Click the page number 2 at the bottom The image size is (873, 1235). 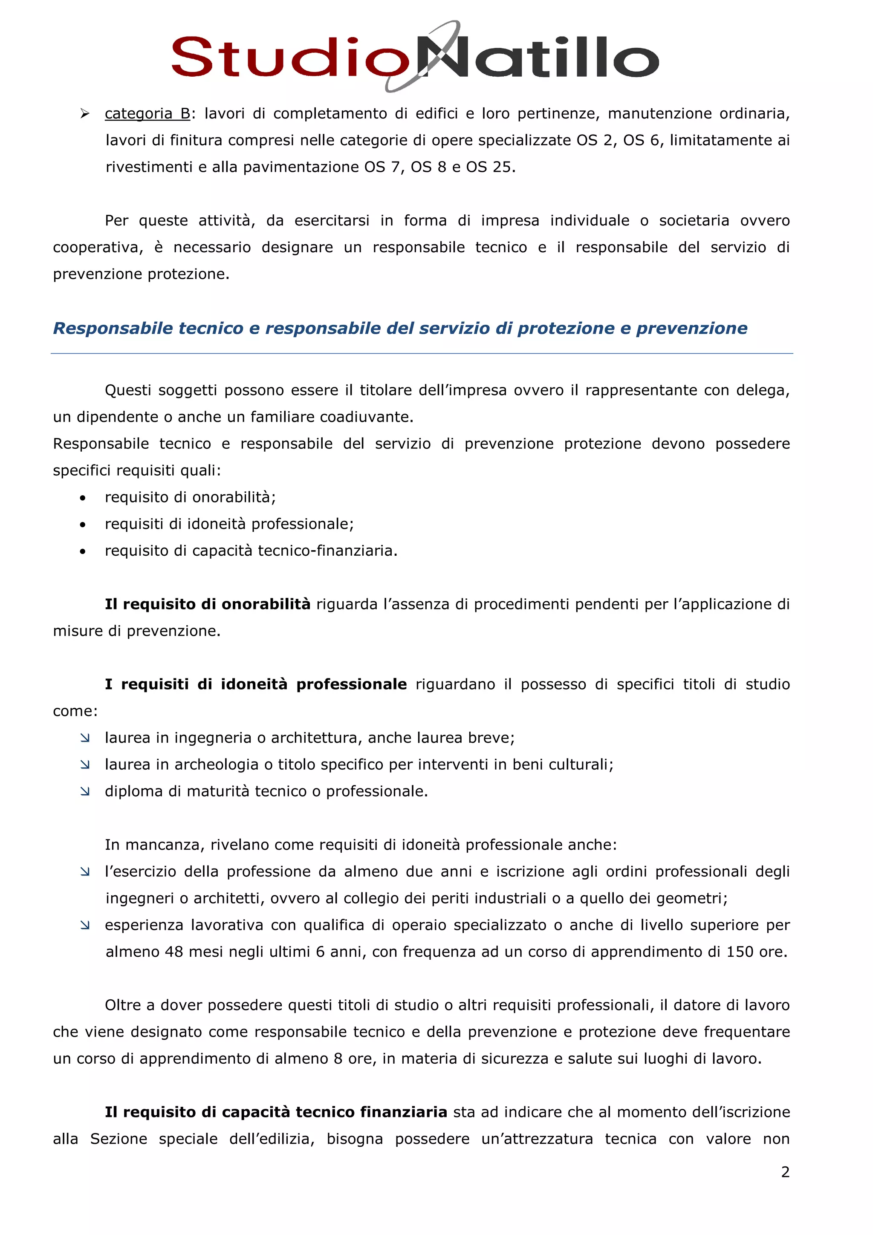click(x=785, y=1172)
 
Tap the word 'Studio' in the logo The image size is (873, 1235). click(x=290, y=57)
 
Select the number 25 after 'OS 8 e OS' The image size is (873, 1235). click(x=501, y=167)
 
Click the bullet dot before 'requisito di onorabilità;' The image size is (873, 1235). click(x=82, y=498)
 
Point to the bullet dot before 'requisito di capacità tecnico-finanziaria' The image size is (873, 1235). click(x=82, y=552)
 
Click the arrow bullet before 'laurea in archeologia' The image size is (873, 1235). click(x=85, y=765)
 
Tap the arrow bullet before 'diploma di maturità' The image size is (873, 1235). click(x=85, y=791)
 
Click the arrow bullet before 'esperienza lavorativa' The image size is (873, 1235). click(x=85, y=925)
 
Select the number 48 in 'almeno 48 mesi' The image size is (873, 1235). click(x=174, y=952)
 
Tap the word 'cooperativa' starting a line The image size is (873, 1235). click(x=97, y=248)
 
